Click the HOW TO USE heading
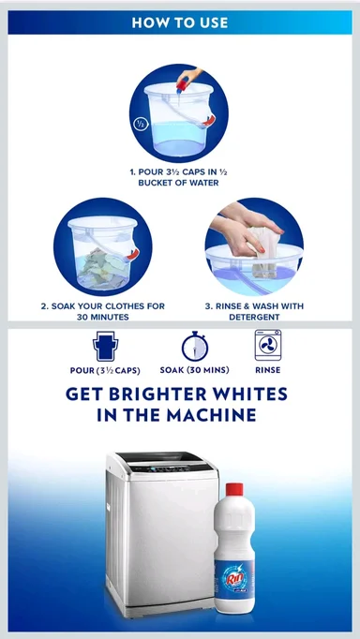180,22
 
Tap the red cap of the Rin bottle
234,489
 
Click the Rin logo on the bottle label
233,577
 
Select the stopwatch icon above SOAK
195,346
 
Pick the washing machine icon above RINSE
268,345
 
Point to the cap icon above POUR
105,346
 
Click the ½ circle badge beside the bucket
141,124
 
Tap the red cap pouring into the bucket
182,85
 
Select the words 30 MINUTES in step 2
103,317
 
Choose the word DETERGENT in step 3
254,317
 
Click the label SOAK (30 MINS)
194,370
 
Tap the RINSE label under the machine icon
268,370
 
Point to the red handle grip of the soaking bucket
132,254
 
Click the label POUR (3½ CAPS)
105,370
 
